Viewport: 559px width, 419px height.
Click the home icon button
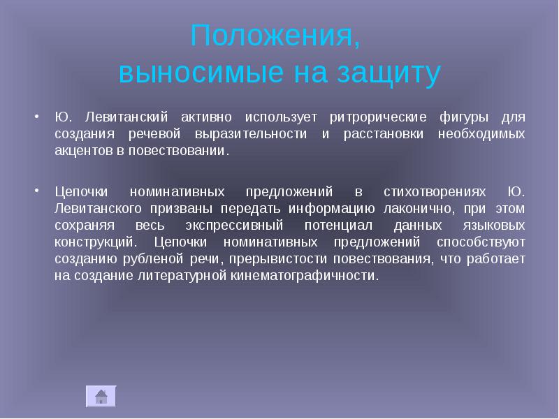[x=101, y=396]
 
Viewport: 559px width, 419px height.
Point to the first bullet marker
[x=37, y=115]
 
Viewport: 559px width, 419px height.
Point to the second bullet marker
[x=37, y=172]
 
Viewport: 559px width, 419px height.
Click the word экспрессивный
[x=234, y=224]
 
